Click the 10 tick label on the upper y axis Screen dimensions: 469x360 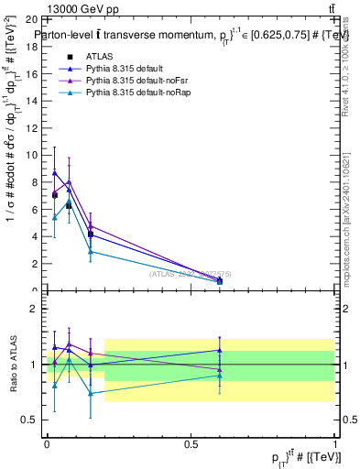click(x=35, y=155)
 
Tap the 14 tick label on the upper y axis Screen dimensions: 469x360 click(x=35, y=101)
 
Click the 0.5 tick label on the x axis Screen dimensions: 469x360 click(x=191, y=443)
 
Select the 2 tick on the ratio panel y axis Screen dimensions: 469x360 click(x=38, y=310)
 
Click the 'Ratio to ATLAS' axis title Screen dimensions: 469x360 click(x=13, y=365)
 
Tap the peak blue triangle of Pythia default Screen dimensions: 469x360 click(x=55, y=172)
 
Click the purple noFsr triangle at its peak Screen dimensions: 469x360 click(x=70, y=181)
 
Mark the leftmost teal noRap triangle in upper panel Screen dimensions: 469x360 click(x=55, y=217)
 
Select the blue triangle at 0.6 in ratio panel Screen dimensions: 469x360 click(x=220, y=350)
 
